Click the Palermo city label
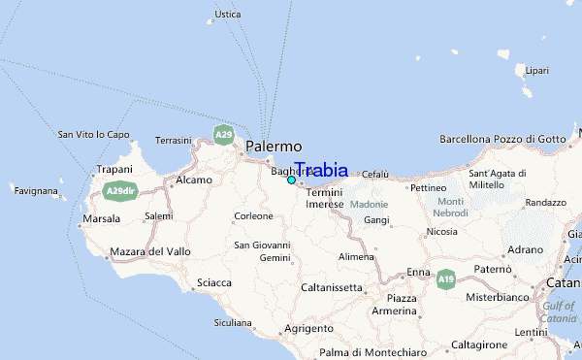(273, 146)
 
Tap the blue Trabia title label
(321, 170)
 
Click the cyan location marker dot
(291, 180)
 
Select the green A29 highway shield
(224, 134)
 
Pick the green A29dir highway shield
(120, 190)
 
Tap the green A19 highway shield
(445, 279)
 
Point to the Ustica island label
(227, 15)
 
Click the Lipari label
(535, 71)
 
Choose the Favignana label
(36, 191)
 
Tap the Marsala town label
(102, 219)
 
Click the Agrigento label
(309, 329)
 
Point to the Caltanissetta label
(332, 287)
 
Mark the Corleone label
(253, 215)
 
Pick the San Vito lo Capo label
(94, 134)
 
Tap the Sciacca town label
(213, 282)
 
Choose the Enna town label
(418, 272)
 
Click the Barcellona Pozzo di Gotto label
(501, 139)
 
